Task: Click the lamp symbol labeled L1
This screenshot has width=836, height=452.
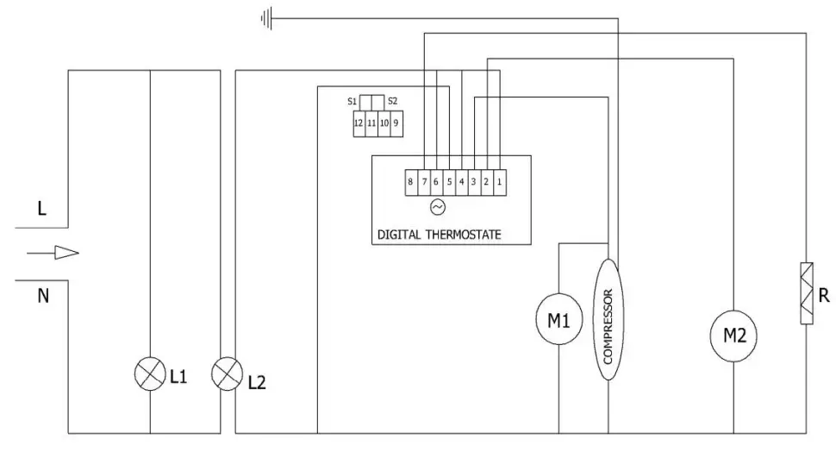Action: (x=150, y=374)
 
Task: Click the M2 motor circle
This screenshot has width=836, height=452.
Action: (x=733, y=336)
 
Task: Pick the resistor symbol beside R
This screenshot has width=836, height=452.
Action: (x=806, y=293)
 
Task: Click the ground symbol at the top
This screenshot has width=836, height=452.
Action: (x=266, y=17)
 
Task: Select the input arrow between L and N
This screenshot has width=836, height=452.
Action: (x=53, y=253)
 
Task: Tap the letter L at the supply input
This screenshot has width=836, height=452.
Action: (x=41, y=209)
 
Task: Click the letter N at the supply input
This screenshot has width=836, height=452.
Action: (x=42, y=296)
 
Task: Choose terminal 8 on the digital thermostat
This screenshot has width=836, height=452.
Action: (x=411, y=181)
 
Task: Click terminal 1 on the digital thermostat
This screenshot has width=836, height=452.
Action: (x=499, y=181)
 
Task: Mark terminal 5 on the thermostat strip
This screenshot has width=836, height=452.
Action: (x=449, y=181)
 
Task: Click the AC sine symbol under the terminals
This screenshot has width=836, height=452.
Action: (x=437, y=207)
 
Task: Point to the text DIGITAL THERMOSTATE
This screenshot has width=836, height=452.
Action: (x=439, y=235)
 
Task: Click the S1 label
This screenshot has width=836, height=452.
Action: (x=352, y=101)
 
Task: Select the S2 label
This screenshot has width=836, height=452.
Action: (x=392, y=101)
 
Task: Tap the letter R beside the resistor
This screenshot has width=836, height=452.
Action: (x=824, y=297)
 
